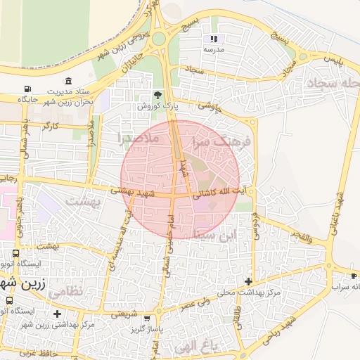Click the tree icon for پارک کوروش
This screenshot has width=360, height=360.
click(x=157, y=95)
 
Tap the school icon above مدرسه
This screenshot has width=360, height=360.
click(x=214, y=39)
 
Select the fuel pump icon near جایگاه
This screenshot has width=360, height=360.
click(x=27, y=89)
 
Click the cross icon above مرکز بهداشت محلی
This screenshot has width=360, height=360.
click(x=248, y=281)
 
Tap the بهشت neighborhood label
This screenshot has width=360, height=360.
click(x=84, y=201)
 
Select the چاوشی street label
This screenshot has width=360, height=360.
click(x=210, y=106)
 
